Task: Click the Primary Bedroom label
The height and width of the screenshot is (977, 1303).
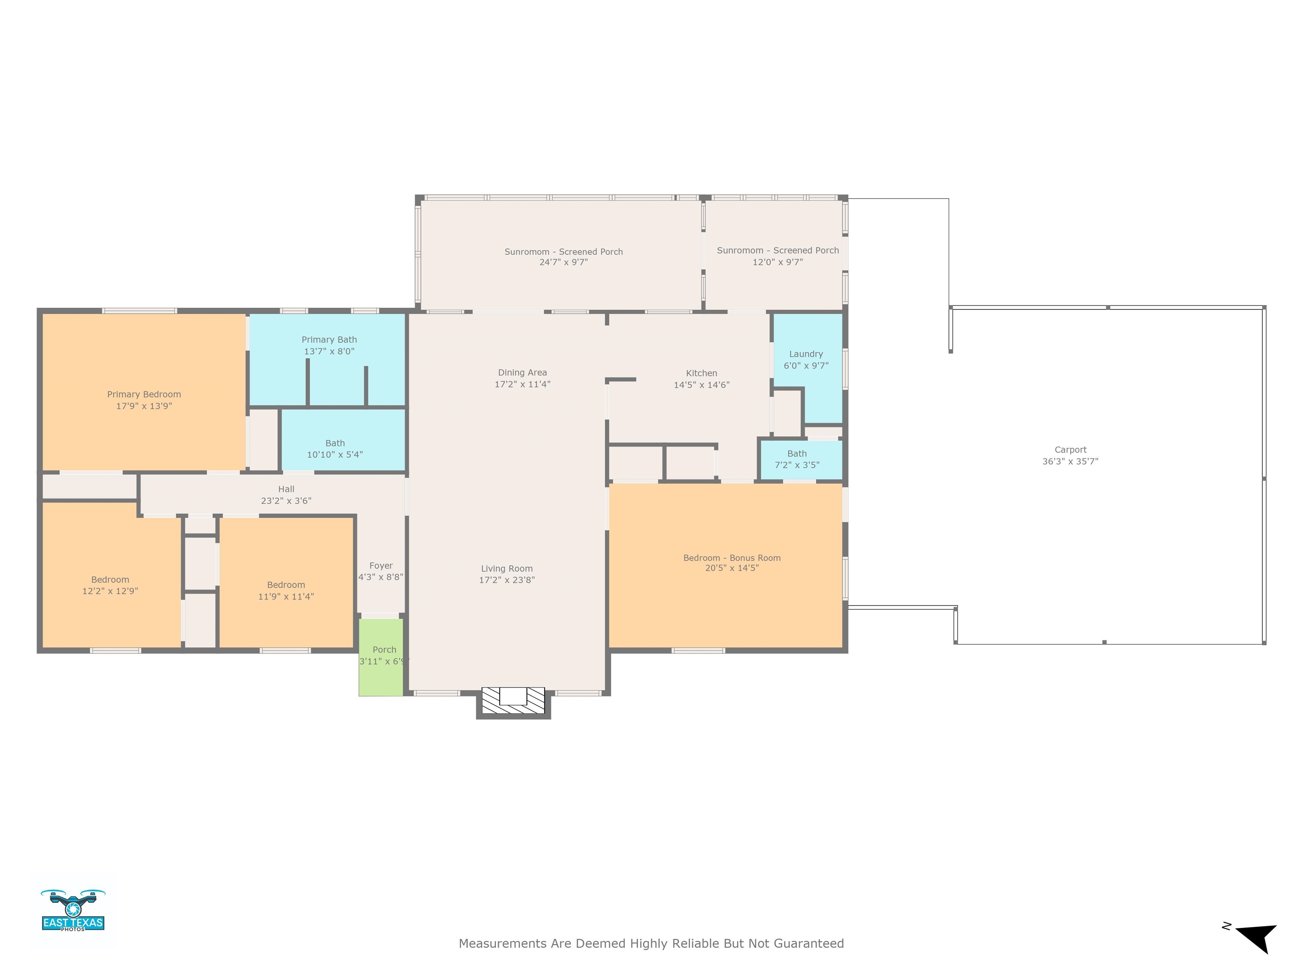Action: (144, 394)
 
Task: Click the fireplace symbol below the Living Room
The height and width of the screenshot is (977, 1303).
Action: (513, 701)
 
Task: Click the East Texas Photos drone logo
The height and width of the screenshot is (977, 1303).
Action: (73, 910)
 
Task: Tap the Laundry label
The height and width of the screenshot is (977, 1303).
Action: (806, 354)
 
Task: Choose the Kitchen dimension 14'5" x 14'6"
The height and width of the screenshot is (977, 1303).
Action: (702, 385)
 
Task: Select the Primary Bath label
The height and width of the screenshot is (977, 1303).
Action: (329, 339)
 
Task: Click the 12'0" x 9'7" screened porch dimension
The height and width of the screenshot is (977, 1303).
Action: (777, 262)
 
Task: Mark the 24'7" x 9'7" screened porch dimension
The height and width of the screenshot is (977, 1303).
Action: (564, 262)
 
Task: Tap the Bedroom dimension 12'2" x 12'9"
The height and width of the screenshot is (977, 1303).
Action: (110, 591)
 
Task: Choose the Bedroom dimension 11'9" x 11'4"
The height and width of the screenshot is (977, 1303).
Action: (286, 597)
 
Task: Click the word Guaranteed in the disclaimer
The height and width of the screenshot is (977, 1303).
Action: (808, 944)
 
